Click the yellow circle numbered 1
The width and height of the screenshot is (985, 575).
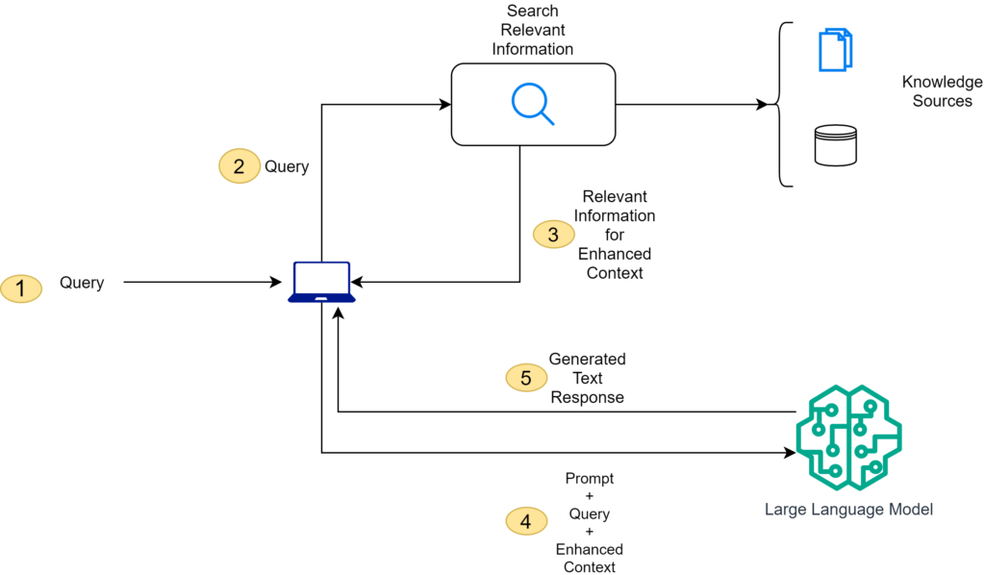pyautogui.click(x=21, y=287)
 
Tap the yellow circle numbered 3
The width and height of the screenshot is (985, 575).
pyautogui.click(x=552, y=235)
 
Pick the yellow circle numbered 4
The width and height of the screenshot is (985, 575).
pyautogui.click(x=525, y=522)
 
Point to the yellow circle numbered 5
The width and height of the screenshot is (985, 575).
pyautogui.click(x=525, y=378)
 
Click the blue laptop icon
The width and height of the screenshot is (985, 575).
pyautogui.click(x=321, y=283)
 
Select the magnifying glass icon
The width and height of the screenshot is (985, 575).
pyautogui.click(x=533, y=104)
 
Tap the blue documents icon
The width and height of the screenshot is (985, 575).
pyautogui.click(x=835, y=50)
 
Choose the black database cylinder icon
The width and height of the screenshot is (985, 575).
pyautogui.click(x=834, y=145)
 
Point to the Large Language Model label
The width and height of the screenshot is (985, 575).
pyautogui.click(x=848, y=510)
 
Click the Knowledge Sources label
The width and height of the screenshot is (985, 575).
pyautogui.click(x=942, y=91)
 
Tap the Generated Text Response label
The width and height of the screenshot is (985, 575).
pyautogui.click(x=587, y=378)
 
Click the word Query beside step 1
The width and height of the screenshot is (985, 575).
pyautogui.click(x=82, y=283)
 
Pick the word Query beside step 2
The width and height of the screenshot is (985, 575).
pyautogui.click(x=287, y=166)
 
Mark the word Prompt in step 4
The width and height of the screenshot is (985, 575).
pyautogui.click(x=589, y=478)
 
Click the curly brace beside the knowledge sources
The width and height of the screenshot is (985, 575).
pyautogui.click(x=785, y=104)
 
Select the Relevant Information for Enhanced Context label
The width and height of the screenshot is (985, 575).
pyautogui.click(x=615, y=235)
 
